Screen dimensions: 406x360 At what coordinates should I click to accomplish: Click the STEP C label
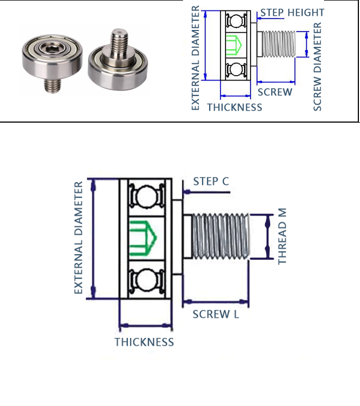(211, 181)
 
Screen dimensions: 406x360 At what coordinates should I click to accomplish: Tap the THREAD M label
(282, 236)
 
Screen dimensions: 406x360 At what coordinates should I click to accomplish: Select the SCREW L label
(216, 314)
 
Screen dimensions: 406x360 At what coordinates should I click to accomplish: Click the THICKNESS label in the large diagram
(144, 342)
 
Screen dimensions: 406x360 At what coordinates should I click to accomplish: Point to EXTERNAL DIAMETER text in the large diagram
(79, 239)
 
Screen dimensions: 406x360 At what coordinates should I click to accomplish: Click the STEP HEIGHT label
(292, 13)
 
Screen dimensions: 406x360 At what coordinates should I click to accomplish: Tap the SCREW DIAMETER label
(318, 66)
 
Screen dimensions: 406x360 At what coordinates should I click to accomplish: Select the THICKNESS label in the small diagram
(234, 107)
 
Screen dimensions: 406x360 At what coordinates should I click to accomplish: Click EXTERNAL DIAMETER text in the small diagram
(196, 59)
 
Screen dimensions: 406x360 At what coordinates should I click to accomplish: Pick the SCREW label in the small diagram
(274, 92)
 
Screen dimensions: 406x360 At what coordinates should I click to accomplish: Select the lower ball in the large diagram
(144, 280)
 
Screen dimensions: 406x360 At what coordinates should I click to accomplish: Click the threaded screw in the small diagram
(277, 44)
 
